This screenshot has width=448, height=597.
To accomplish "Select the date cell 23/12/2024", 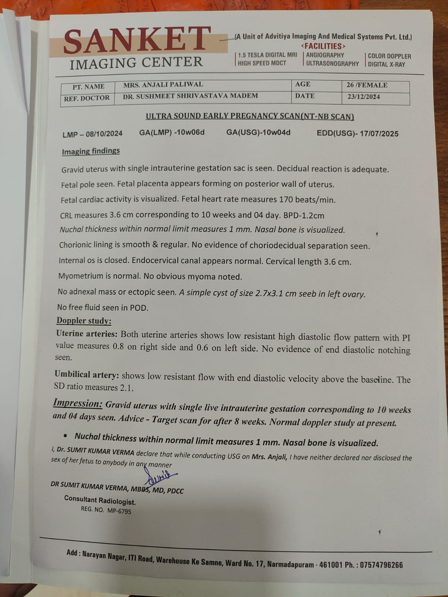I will [x=363, y=97].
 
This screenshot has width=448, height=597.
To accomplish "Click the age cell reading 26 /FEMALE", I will [x=367, y=85].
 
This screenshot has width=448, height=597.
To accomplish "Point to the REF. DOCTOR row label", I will [x=87, y=99].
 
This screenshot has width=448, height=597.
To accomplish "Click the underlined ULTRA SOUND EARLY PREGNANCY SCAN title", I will [x=250, y=116].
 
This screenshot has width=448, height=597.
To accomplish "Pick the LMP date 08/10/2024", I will [x=104, y=134].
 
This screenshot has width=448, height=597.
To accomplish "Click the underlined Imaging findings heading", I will [x=91, y=151].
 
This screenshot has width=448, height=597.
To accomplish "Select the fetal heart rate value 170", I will [x=286, y=200].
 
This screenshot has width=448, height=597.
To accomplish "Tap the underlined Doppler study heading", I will [x=84, y=321].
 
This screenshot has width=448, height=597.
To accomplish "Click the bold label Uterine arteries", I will [x=86, y=334].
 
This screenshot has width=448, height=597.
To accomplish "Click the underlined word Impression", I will [x=77, y=403].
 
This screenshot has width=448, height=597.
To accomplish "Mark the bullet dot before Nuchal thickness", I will [x=66, y=436].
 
